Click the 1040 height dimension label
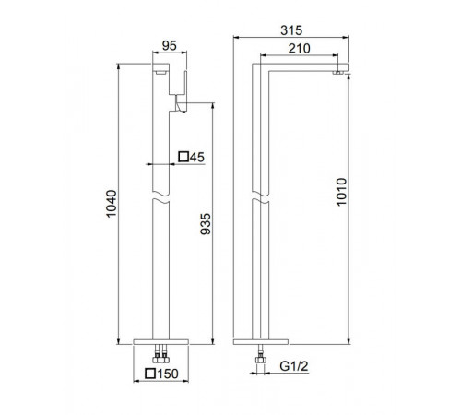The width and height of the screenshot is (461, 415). click(x=112, y=204)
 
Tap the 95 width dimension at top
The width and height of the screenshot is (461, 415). click(x=170, y=46)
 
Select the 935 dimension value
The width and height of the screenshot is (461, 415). click(x=206, y=224)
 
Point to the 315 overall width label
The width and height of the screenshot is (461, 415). click(x=291, y=30)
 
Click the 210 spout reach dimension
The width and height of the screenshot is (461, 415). click(x=299, y=48)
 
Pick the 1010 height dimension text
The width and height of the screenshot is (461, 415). click(x=341, y=192)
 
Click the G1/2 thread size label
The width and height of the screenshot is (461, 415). click(x=294, y=366)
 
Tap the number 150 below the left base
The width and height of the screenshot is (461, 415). click(x=168, y=373)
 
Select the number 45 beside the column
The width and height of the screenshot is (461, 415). click(x=196, y=157)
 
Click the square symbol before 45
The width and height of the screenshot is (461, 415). click(x=183, y=157)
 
